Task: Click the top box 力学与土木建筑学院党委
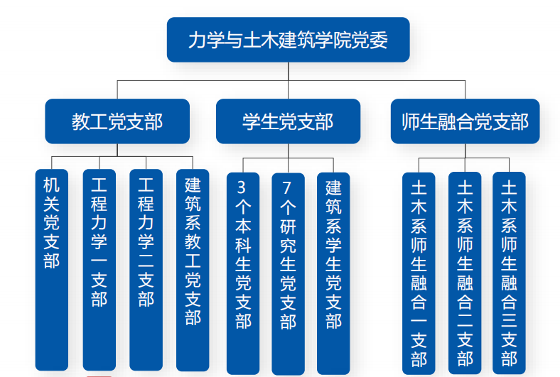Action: pos(289,40)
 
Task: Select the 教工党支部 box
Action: pos(117,121)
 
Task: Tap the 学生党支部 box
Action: pos(289,121)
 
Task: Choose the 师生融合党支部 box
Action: pos(465,121)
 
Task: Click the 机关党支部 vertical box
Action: pos(52,270)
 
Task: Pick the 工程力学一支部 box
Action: pos(99,270)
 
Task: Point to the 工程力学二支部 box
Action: pos(146,270)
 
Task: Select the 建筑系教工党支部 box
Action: pos(193,270)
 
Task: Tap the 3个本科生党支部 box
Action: pos(243,273)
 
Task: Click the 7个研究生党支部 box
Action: pos(289,273)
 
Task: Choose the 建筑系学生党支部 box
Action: pos(333,273)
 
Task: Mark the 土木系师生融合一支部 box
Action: pos(419,273)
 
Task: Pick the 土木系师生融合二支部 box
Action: pos(465,273)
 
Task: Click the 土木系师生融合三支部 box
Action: pos(509,273)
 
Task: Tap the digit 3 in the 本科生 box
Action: pos(242,187)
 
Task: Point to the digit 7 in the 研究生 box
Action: pos(287,187)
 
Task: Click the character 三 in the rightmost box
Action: pos(509,321)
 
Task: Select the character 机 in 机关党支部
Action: pos(52,185)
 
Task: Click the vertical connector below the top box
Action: pos(289,81)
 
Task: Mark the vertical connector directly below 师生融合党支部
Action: pos(465,151)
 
